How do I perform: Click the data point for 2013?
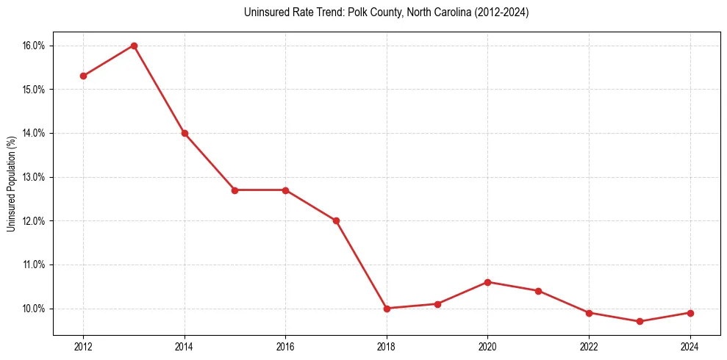point(134,46)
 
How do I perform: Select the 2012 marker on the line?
point(83,76)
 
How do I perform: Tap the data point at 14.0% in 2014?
point(185,133)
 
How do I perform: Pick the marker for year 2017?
point(336,220)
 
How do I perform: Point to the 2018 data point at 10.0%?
point(387,309)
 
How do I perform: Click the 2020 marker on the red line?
point(487,282)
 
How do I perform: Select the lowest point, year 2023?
point(640,321)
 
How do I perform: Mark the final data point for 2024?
point(690,313)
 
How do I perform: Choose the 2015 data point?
point(235,190)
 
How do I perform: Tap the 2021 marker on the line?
point(538,291)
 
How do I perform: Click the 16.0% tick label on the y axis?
point(33,46)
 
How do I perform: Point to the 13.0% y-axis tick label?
point(33,177)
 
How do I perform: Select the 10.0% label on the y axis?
point(33,309)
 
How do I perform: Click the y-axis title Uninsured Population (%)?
point(11,184)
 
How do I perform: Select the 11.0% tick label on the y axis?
point(33,264)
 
